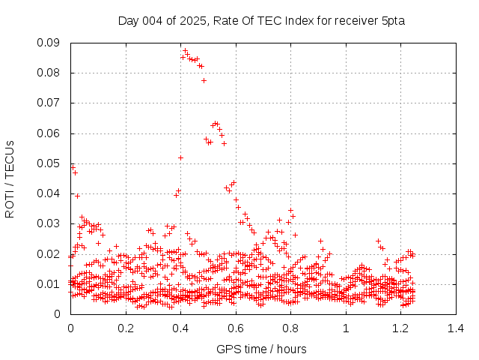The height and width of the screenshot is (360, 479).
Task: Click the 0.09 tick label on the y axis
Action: point(49,43)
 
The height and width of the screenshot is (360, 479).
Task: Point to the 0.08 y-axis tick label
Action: point(49,73)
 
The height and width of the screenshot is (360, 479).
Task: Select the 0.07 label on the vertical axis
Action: point(49,103)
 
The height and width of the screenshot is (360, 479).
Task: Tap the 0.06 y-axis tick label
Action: point(49,133)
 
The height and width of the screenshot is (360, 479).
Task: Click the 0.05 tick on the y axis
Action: point(49,163)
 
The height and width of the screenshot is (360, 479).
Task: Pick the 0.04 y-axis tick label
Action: point(49,193)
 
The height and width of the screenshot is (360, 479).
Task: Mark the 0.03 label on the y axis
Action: point(49,223)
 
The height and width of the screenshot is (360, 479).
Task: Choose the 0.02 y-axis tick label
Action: point(49,253)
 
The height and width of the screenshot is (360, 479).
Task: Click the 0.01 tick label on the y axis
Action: point(49,283)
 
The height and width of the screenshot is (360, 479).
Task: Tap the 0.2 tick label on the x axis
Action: point(125,328)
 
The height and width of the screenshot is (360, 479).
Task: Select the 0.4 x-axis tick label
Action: point(180,328)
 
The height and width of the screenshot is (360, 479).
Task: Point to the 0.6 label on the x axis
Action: point(235,328)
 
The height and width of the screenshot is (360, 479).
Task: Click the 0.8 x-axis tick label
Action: point(290,328)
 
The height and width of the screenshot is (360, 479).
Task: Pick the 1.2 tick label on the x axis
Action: point(400,328)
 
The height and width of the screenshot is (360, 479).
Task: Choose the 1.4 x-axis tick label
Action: point(455,328)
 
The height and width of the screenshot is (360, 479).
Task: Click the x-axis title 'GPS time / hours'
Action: point(261,349)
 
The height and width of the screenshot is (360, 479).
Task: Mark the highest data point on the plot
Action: point(185,51)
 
